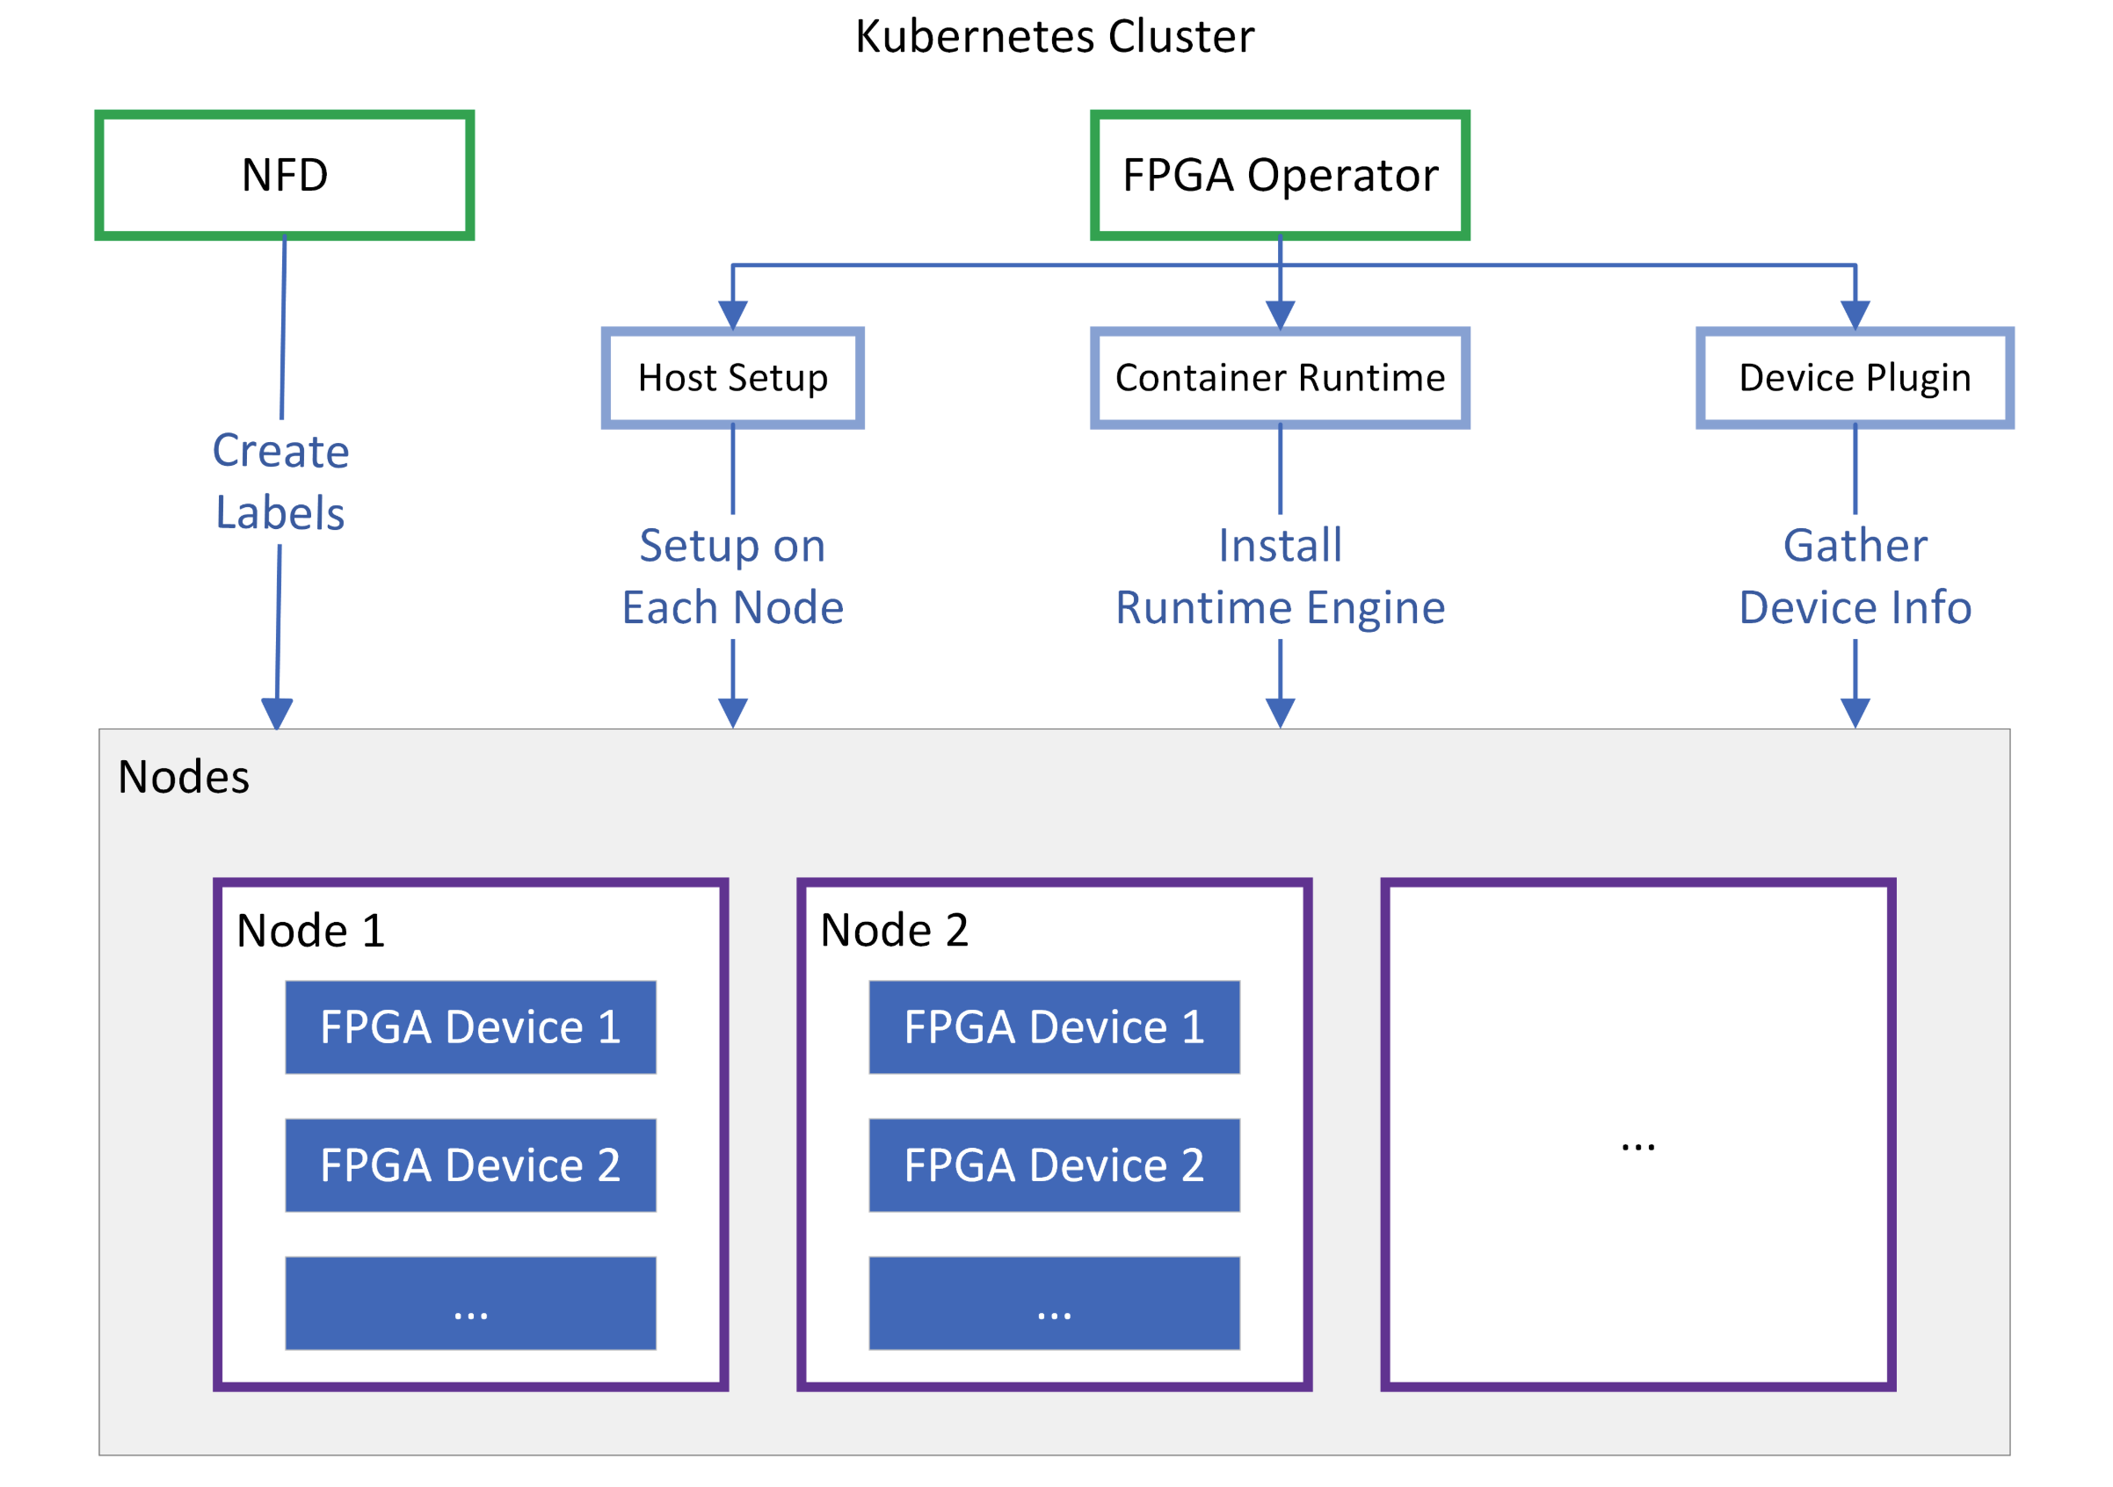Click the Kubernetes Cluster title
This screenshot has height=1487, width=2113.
[x=1055, y=37]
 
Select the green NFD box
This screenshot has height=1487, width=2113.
[x=285, y=175]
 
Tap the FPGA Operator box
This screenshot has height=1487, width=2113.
[x=1279, y=175]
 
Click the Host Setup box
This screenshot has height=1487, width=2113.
[x=732, y=378]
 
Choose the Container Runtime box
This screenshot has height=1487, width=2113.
[x=1279, y=378]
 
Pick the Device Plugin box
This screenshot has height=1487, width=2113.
[x=1855, y=378]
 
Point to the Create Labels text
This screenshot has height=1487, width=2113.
[x=280, y=482]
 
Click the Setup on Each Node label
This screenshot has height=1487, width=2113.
[x=732, y=576]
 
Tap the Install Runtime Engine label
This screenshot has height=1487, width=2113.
[x=1279, y=576]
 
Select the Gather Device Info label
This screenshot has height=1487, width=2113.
[x=1855, y=576]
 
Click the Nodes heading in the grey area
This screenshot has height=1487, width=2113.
[x=183, y=777]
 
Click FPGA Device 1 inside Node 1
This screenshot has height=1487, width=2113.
[x=470, y=1026]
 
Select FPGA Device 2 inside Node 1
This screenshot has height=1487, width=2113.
[x=470, y=1165]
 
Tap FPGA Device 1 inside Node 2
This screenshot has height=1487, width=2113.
[x=1054, y=1026]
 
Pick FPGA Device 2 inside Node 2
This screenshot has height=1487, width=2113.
[x=1054, y=1165]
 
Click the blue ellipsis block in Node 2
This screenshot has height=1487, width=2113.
[x=1054, y=1303]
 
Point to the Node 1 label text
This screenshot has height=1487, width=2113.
[x=310, y=931]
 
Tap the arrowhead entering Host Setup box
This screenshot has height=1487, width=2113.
[x=732, y=315]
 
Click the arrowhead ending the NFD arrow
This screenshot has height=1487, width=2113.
[x=277, y=714]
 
